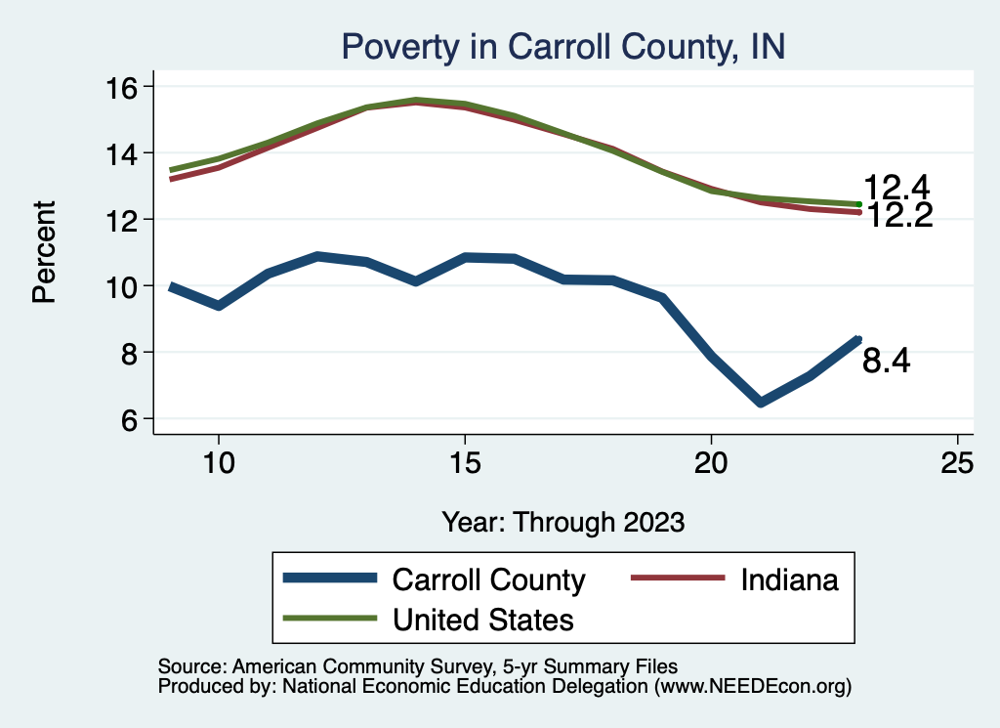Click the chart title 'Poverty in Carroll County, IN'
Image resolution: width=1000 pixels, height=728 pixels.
[562, 46]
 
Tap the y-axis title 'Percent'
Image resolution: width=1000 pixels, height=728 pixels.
[45, 252]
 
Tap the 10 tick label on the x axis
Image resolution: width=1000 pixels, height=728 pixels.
[219, 463]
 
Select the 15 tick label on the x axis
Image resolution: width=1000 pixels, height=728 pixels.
[465, 463]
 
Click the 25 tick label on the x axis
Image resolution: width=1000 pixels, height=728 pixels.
[957, 463]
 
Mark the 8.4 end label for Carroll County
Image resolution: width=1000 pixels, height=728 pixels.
[887, 363]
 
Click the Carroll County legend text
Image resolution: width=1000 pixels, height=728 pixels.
[488, 579]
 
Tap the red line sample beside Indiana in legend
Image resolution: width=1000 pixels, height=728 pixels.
[678, 579]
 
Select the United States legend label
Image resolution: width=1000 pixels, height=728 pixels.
[482, 620]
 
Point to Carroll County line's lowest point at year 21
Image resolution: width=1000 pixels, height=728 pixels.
[761, 402]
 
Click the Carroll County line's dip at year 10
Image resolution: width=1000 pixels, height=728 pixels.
[219, 306]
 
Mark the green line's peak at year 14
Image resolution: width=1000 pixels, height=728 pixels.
[416, 100]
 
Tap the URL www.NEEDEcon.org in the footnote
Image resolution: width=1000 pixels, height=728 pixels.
[751, 687]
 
